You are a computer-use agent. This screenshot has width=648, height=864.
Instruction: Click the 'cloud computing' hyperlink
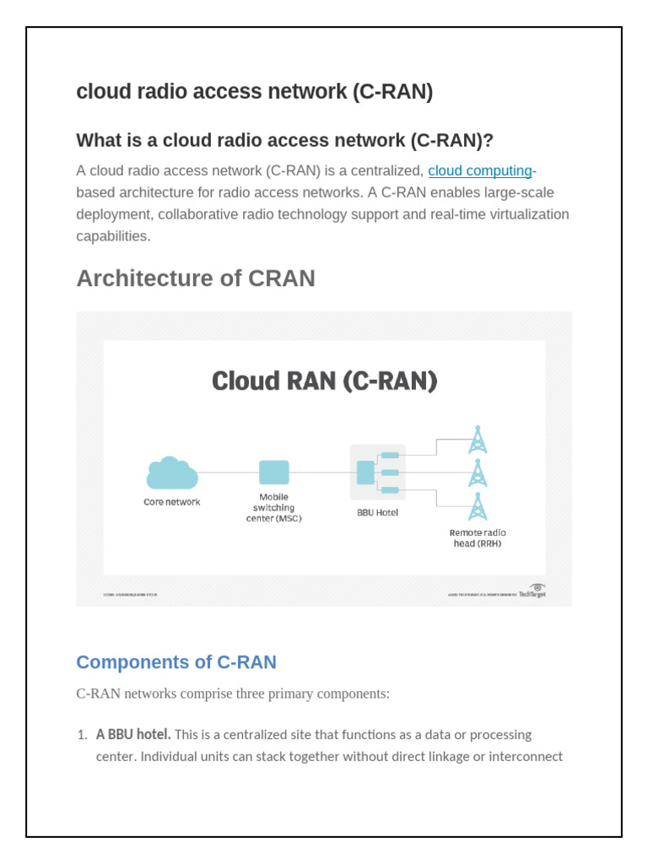tap(480, 171)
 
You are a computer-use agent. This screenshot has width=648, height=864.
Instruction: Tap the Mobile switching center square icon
tap(273, 472)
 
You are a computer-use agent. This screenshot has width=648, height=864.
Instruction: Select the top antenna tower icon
tap(478, 440)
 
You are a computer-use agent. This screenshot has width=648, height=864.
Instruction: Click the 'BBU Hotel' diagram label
tap(377, 512)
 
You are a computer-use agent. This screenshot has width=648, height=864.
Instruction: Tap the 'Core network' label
tap(171, 502)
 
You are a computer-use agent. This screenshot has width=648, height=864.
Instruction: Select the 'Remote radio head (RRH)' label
tap(478, 538)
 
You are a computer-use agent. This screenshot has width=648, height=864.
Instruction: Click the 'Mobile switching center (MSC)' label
tap(273, 508)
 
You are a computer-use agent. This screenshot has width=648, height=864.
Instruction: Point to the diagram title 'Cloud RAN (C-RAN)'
tap(325, 381)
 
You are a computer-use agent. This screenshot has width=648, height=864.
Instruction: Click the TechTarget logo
tap(532, 590)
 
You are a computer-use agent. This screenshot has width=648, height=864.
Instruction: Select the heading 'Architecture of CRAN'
tap(196, 278)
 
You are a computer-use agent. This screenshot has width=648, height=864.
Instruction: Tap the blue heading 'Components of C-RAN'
tap(176, 662)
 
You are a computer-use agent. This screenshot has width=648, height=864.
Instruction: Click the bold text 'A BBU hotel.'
tap(133, 735)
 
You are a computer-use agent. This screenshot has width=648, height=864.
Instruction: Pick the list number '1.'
tap(83, 735)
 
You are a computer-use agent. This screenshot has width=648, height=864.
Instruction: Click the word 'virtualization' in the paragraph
tap(527, 214)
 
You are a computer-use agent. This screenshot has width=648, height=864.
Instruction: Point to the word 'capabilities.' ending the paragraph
tap(113, 236)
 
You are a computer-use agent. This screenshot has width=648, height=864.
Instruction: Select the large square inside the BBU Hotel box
tap(365, 472)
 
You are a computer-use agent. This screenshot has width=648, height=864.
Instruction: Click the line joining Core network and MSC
tap(228, 472)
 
